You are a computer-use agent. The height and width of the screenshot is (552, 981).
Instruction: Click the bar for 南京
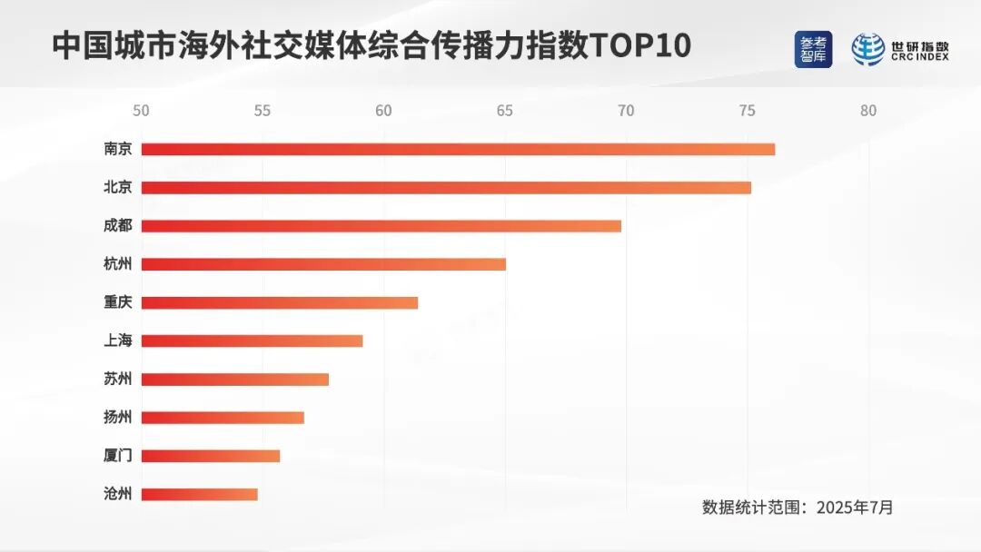[458, 150]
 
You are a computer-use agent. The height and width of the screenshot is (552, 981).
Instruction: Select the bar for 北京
[446, 188]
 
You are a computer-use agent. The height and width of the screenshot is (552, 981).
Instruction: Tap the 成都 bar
[381, 226]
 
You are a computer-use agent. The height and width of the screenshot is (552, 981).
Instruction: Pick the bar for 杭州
[323, 264]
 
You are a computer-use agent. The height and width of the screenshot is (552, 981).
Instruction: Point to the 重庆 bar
[280, 302]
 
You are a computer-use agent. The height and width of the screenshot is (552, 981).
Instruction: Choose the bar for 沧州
[200, 495]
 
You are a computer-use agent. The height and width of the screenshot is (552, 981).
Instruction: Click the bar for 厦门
[211, 456]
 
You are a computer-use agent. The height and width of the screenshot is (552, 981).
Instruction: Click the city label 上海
[118, 341]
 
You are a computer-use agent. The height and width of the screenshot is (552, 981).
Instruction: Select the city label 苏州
[118, 379]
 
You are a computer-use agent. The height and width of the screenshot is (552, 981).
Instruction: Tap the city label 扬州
[118, 418]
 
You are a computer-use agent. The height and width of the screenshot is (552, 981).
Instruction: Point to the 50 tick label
[141, 111]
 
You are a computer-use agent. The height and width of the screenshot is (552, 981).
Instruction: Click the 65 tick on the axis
[504, 111]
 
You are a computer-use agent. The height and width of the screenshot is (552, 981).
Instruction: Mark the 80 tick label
[868, 111]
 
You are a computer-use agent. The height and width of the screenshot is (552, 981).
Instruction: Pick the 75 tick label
[747, 111]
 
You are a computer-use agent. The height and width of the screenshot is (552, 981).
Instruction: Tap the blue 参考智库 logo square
[813, 50]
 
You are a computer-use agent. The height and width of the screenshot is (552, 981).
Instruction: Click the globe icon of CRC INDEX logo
[867, 50]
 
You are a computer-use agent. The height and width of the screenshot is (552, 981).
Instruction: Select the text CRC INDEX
[919, 57]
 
